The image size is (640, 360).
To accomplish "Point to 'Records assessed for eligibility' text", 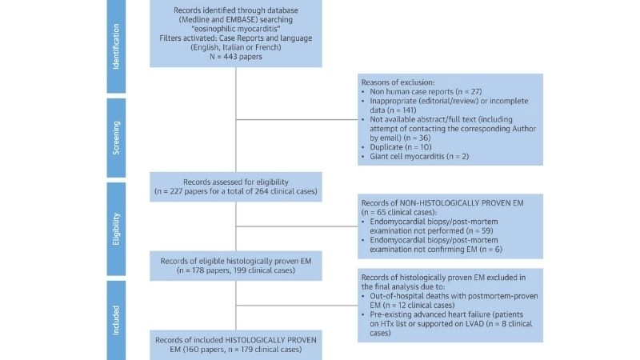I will (x=235, y=182).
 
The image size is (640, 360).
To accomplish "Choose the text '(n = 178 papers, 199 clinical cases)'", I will (x=236, y=270).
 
